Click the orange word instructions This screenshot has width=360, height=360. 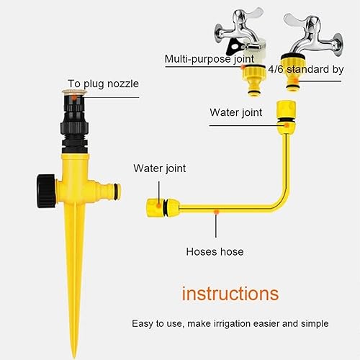[230, 294]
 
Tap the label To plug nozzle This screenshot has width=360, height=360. [103, 84]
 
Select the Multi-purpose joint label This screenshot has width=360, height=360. [210, 59]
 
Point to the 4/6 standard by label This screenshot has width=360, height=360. [306, 69]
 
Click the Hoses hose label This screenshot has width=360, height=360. [215, 252]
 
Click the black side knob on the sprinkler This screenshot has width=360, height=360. [47, 191]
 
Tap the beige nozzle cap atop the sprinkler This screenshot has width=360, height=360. [74, 91]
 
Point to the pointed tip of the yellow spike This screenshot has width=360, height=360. [75, 358]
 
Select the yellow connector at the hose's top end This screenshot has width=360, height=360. [286, 117]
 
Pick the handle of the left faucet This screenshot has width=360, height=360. [246, 16]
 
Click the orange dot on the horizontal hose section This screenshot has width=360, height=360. [217, 212]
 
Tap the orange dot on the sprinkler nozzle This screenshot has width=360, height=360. [74, 98]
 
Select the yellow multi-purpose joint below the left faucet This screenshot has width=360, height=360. [254, 81]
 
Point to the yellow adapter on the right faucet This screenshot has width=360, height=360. [292, 73]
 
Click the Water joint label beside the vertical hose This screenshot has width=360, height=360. [236, 112]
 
